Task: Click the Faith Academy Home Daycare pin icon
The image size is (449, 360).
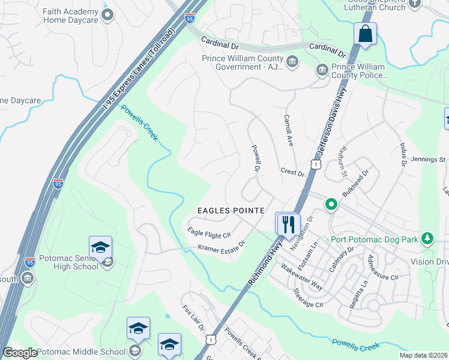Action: click(107, 15)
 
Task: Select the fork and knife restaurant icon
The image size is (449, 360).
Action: click(287, 224)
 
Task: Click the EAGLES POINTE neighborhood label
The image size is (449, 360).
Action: click(232, 211)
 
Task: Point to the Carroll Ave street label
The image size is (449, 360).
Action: click(288, 131)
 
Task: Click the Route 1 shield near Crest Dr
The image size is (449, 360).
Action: click(316, 164)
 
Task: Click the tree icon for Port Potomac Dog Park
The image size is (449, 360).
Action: click(427, 239)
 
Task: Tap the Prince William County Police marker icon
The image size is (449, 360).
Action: click(322, 71)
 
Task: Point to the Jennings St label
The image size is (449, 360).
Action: click(429, 160)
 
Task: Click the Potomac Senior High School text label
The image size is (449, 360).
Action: click(68, 262)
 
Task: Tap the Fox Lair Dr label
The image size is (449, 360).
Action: click(194, 321)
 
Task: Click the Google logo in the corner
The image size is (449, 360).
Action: click(20, 353)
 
